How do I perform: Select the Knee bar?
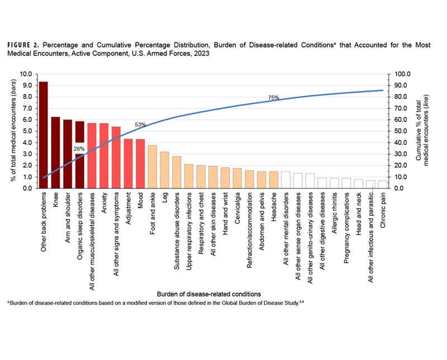(55, 153)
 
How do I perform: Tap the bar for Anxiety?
(104, 156)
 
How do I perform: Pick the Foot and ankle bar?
(152, 167)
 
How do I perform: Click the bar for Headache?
(273, 179)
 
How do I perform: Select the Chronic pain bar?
(383, 184)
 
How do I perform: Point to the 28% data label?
(79, 149)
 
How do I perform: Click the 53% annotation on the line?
(140, 125)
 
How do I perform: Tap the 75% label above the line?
(273, 97)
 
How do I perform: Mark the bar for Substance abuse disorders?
(177, 172)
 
